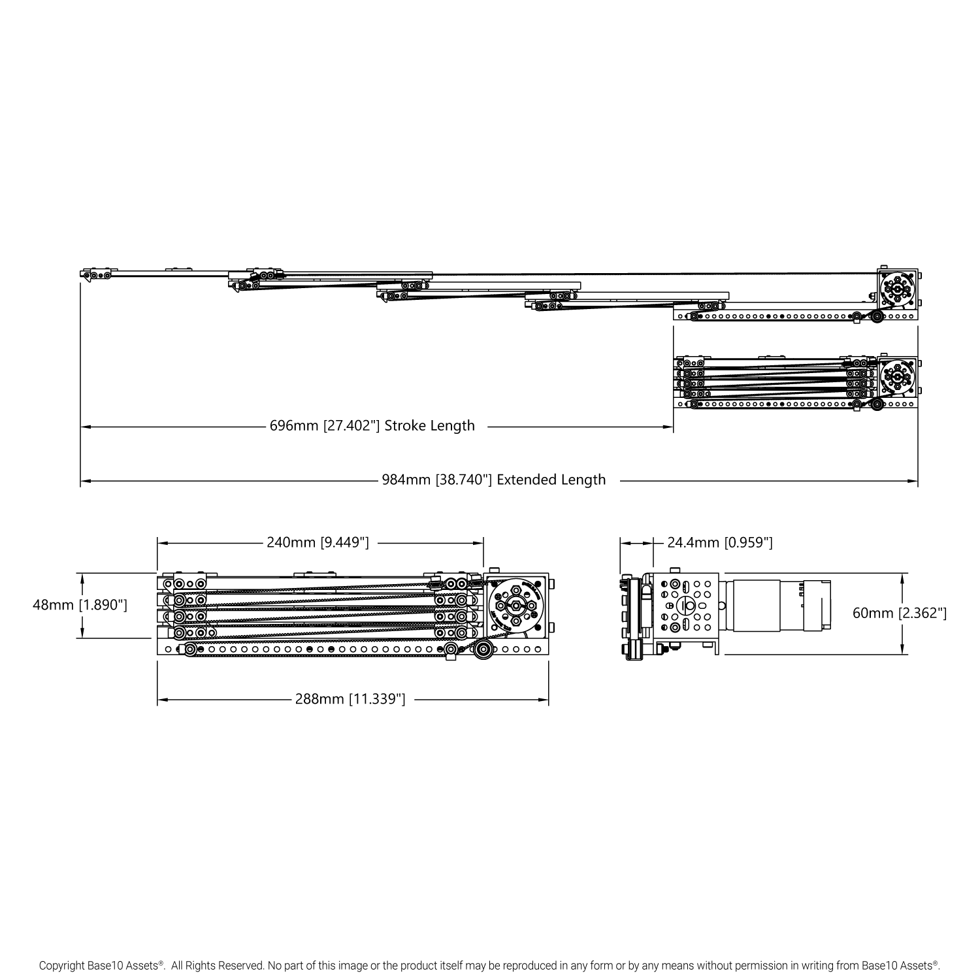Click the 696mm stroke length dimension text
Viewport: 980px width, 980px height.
point(372,426)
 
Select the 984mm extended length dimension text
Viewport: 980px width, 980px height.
point(493,480)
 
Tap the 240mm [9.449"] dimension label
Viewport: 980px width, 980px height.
point(318,542)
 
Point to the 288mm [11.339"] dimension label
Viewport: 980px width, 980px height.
point(350,699)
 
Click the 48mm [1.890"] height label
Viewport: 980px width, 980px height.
point(80,605)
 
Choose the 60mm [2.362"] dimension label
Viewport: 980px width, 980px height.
point(899,613)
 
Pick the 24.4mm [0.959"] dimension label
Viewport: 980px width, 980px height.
point(720,542)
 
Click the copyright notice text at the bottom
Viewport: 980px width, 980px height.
point(489,964)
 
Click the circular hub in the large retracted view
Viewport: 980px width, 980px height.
point(515,606)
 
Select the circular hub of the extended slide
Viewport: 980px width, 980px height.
point(898,289)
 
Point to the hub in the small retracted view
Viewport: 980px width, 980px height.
point(898,378)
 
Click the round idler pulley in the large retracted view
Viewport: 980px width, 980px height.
point(484,649)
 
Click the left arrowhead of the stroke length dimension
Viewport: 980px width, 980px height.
point(84,427)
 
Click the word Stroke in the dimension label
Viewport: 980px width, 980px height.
point(405,426)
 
